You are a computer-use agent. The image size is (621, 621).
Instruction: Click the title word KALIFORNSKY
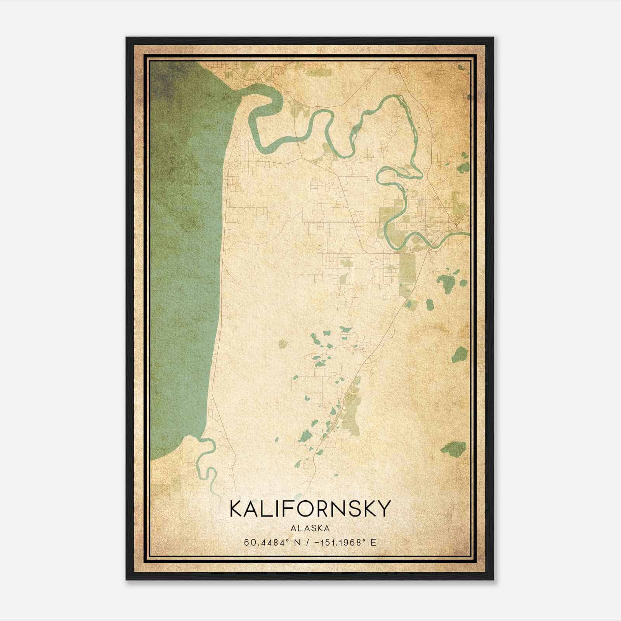point(309,509)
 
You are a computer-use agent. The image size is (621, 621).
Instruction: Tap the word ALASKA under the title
point(310,528)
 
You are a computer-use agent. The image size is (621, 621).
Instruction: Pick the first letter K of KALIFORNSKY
point(237,509)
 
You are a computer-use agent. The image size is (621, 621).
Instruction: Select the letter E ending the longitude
point(373,542)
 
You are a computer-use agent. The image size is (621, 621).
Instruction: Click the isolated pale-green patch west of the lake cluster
point(283,343)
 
